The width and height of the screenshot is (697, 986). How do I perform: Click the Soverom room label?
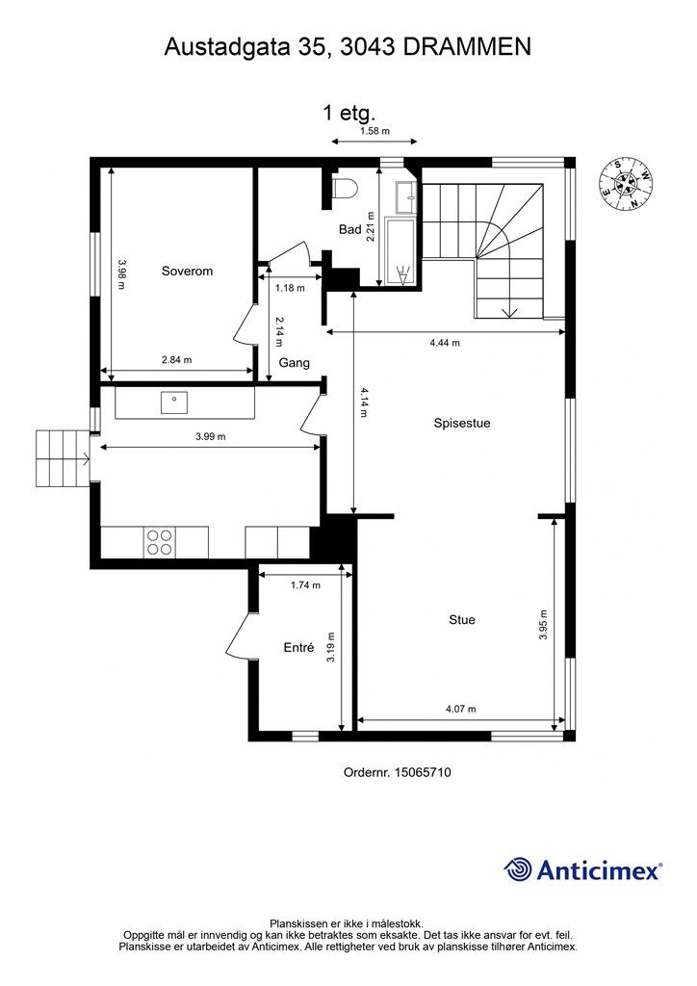pos(188,271)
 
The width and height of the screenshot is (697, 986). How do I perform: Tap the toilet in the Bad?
pos(345,188)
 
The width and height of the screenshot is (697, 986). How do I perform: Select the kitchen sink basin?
pos(174,402)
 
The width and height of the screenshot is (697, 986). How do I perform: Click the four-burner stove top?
pos(159,542)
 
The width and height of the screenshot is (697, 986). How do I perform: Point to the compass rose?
pos(627,184)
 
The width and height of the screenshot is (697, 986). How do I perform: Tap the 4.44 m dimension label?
pos(445,343)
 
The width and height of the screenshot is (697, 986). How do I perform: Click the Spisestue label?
pos(462,424)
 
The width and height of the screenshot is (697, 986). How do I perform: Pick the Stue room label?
pos(462,620)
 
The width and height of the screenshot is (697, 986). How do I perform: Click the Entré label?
pos(298,647)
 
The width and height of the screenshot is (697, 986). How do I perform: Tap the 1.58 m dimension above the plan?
pos(374,131)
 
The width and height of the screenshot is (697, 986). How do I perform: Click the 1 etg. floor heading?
pos(348,114)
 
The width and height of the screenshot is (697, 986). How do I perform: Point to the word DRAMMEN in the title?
pos(467,47)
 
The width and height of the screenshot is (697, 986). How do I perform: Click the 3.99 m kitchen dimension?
pos(211,436)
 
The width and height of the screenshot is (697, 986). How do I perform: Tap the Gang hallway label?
pos(295,363)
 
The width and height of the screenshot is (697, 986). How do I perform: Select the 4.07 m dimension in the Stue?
pos(461,709)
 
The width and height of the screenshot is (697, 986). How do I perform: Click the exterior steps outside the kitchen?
pos(63,458)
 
